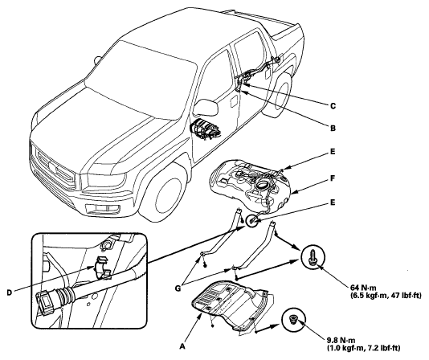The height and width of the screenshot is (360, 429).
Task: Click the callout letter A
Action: tap(182, 346)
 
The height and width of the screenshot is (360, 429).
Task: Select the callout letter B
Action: tap(333, 128)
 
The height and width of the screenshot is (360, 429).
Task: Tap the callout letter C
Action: tap(333, 106)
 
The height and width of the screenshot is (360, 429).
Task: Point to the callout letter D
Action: tap(10, 292)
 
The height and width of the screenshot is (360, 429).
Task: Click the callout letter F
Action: tap(333, 178)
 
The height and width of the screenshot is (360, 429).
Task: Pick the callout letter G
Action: tap(178, 288)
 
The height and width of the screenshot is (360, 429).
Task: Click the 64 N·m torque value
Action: tap(363, 288)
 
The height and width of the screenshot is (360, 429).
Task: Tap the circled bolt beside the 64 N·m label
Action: tap(313, 257)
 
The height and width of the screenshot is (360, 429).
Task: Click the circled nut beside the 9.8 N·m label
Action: tap(294, 319)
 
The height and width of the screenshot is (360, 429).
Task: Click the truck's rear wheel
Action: tap(278, 94)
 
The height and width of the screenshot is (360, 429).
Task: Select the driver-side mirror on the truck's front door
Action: tap(206, 107)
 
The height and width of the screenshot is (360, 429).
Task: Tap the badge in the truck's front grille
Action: tap(53, 166)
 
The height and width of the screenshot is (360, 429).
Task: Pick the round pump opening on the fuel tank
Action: tap(263, 186)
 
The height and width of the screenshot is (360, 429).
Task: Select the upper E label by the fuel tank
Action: tap(333, 151)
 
